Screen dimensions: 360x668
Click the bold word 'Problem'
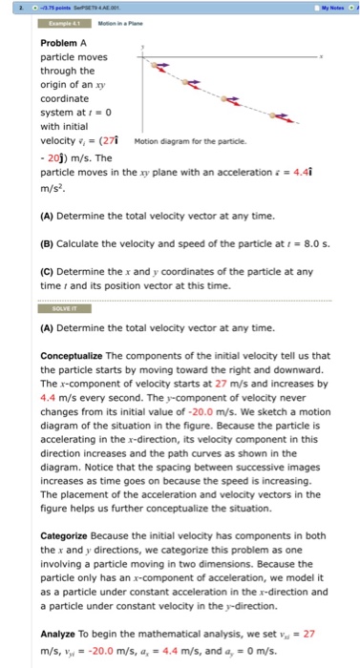(x=60, y=43)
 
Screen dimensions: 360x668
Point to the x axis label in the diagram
(x=322, y=57)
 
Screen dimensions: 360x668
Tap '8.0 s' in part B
(x=301, y=241)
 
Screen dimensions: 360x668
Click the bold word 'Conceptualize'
(x=75, y=355)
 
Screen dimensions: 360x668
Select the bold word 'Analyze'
(x=62, y=631)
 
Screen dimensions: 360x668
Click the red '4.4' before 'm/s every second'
(x=50, y=392)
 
